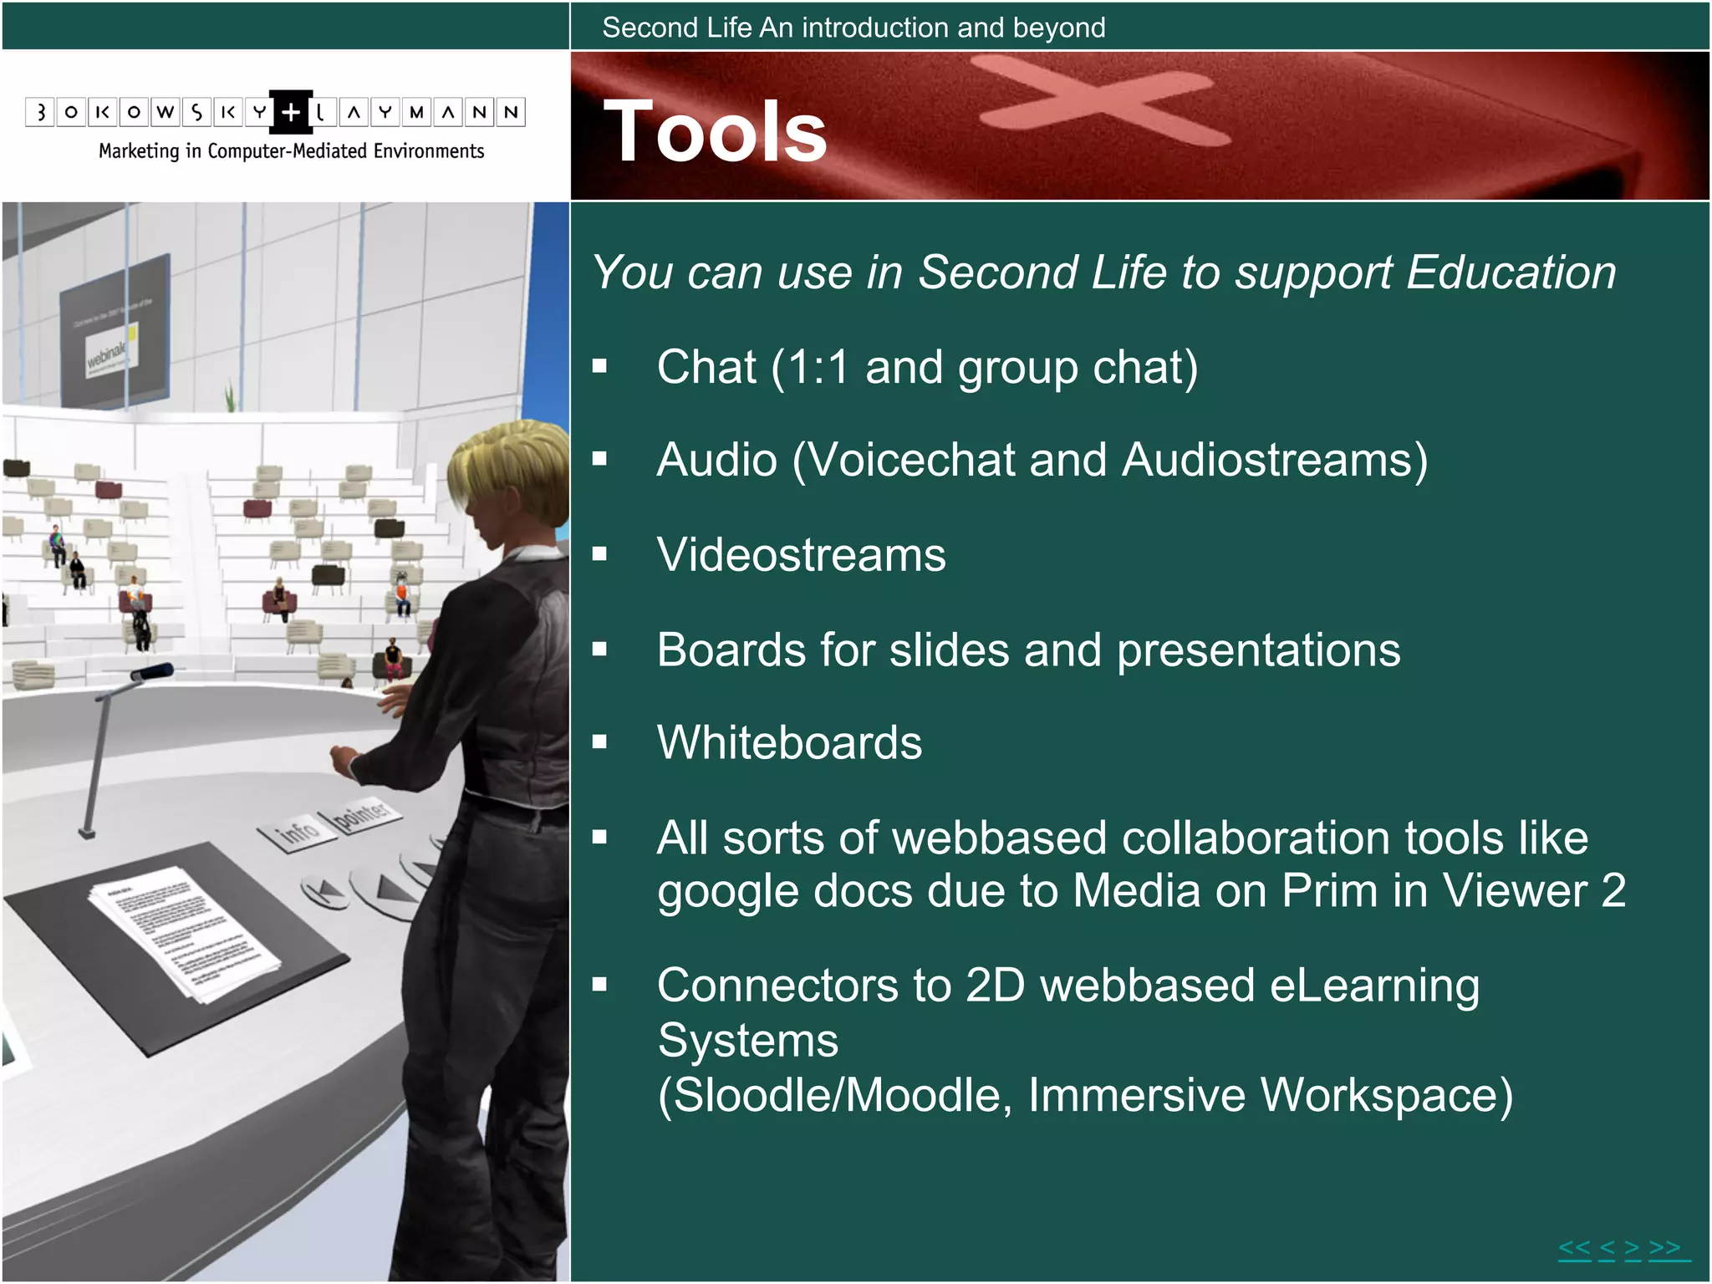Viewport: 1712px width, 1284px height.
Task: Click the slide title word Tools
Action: click(715, 132)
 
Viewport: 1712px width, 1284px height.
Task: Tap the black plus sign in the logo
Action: click(291, 112)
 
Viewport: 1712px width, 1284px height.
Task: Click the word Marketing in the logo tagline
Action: click(139, 151)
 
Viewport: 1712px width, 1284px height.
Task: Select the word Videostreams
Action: click(801, 555)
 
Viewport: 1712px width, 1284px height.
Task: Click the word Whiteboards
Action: click(789, 742)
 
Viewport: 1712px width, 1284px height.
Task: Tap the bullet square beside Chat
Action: click(599, 365)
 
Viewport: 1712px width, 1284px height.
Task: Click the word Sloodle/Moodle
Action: click(835, 1095)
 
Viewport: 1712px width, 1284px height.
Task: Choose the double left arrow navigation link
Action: click(1574, 1249)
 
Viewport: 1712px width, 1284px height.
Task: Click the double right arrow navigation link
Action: click(1664, 1249)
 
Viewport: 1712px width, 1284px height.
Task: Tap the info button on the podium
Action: click(298, 831)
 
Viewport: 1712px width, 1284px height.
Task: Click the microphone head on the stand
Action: click(154, 671)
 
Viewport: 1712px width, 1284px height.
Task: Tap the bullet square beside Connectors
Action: click(599, 985)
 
